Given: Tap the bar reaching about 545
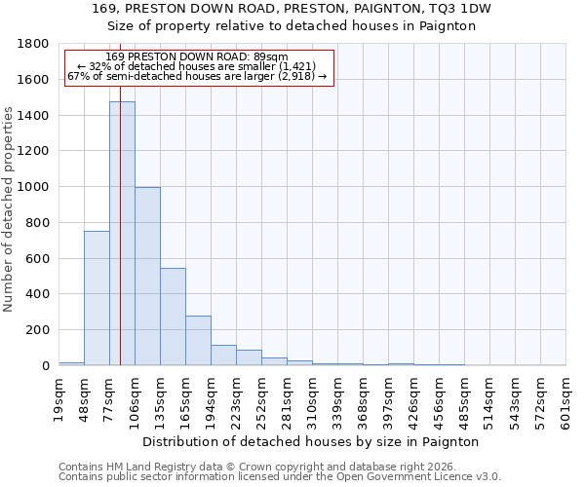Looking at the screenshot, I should tap(173, 317).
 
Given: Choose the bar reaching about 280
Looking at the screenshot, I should tap(198, 340).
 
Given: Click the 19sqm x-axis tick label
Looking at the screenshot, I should tap(58, 400).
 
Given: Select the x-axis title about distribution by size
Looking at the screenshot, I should tap(311, 441).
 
